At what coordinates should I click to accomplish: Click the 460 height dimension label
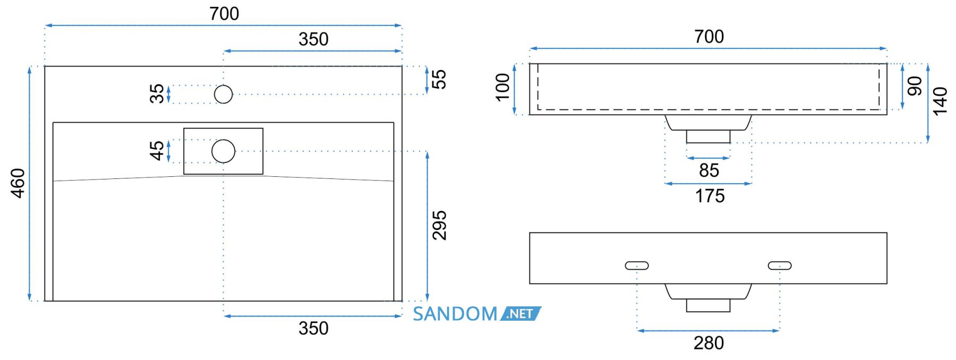pyautogui.click(x=18, y=183)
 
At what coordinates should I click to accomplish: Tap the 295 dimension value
pyautogui.click(x=439, y=226)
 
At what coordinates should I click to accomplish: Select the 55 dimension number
pyautogui.click(x=439, y=80)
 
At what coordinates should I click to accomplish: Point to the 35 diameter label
pyautogui.click(x=157, y=94)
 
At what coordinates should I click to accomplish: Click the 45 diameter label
pyautogui.click(x=157, y=151)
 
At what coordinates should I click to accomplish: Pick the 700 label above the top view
pyautogui.click(x=224, y=14)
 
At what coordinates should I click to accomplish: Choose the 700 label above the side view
pyautogui.click(x=709, y=37)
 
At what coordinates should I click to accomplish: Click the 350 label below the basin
pyautogui.click(x=313, y=328)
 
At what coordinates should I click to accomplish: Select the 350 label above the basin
pyautogui.click(x=313, y=39)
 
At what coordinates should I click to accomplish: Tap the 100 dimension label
pyautogui.click(x=502, y=87)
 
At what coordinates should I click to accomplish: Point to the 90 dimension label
pyautogui.click(x=915, y=86)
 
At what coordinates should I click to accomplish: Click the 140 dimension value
pyautogui.click(x=940, y=101)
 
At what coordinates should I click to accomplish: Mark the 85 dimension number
pyautogui.click(x=709, y=170)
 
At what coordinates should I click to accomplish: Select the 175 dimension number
pyautogui.click(x=710, y=196)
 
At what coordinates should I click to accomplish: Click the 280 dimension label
pyautogui.click(x=709, y=343)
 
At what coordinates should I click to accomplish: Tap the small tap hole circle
pyautogui.click(x=224, y=95)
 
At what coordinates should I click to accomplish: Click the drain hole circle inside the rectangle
pyautogui.click(x=224, y=151)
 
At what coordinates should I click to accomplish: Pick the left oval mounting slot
pyautogui.click(x=637, y=265)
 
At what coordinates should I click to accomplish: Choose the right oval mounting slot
pyautogui.click(x=780, y=265)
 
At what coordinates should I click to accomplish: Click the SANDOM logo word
pyautogui.click(x=455, y=314)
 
